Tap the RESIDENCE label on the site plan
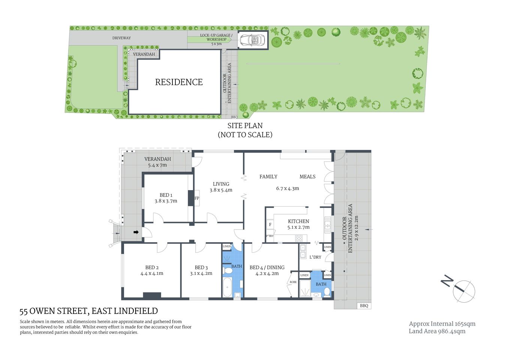click(179, 82)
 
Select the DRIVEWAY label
click(121, 38)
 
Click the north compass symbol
click(464, 291)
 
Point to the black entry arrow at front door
click(136, 232)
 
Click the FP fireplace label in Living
click(197, 198)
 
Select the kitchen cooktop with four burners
click(299, 238)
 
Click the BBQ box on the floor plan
click(364, 306)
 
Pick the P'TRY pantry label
click(269, 236)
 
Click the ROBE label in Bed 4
click(293, 282)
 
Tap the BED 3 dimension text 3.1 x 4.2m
click(201, 273)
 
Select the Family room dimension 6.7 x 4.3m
click(287, 188)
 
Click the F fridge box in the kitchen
click(270, 225)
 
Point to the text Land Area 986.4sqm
click(437, 331)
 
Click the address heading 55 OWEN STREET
click(88, 311)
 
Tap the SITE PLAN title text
click(245, 126)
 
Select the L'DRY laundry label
click(315, 257)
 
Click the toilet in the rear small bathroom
click(327, 292)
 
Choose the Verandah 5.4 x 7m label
click(157, 162)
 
